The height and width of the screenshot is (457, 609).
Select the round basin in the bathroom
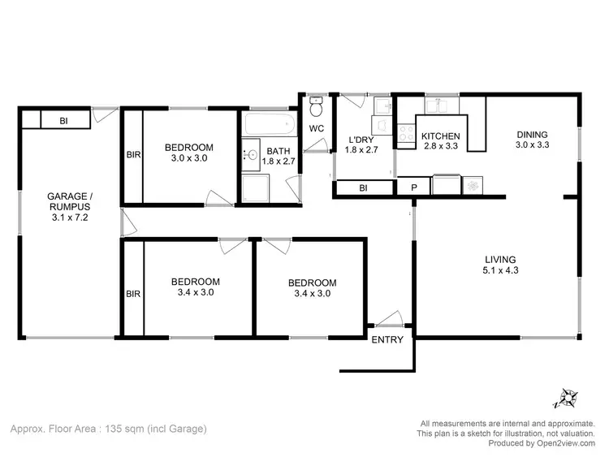point(253,153)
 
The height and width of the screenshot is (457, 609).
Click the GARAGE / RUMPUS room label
point(70,201)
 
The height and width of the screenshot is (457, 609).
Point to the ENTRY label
point(387,339)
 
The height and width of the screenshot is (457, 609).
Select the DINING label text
point(532,135)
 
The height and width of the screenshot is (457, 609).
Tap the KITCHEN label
point(441,136)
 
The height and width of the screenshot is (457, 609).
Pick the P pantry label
point(414,188)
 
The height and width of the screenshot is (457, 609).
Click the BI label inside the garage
point(63,121)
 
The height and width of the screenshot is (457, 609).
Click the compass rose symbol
point(567,398)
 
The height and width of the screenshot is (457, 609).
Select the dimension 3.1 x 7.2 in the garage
point(70,218)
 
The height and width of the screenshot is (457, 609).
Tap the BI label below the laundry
point(363,188)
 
